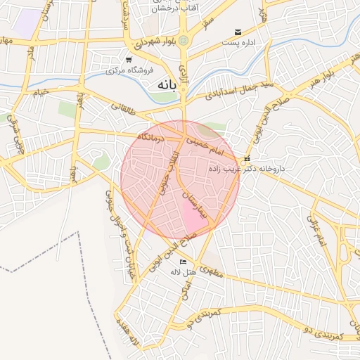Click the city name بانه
click(161, 84)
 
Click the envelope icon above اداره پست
click(238, 32)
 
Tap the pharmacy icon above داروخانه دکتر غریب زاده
click(247, 158)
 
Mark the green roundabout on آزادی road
click(184, 40)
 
